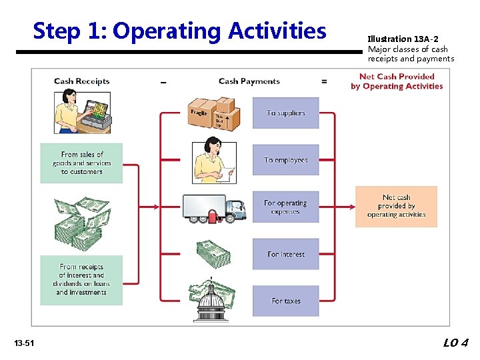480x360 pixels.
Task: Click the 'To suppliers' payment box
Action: (285, 113)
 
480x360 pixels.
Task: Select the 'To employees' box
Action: (285, 160)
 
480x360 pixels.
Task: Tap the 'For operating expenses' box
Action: (285, 207)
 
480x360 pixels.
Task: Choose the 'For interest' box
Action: (285, 254)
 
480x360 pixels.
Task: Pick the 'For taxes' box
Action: (285, 301)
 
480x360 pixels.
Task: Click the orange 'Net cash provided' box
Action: (396, 206)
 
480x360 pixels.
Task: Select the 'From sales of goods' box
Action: (81, 163)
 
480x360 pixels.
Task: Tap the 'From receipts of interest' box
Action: (81, 280)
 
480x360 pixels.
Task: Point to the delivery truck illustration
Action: (215, 208)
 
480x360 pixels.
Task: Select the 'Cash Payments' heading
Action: (249, 81)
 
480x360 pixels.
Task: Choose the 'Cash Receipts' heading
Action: (81, 81)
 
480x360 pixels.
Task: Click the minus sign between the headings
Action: (163, 82)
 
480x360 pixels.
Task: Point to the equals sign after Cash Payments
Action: (324, 81)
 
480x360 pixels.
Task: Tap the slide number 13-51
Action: (24, 343)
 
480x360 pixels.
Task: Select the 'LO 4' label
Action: (456, 343)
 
